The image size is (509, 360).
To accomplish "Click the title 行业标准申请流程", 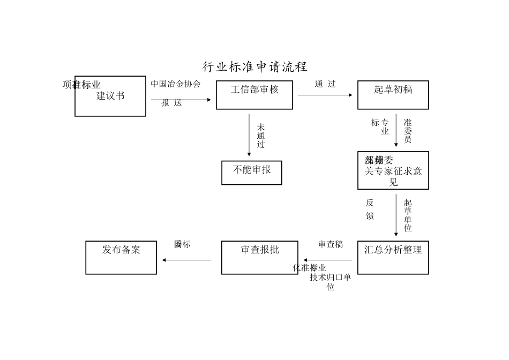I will click(x=254, y=67).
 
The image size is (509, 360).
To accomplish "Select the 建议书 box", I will click(x=110, y=96).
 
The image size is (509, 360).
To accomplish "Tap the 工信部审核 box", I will click(x=254, y=95).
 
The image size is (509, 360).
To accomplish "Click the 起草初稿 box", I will click(x=393, y=95).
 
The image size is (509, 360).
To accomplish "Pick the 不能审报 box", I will click(x=252, y=172).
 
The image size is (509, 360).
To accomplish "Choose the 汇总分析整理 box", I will click(x=393, y=258).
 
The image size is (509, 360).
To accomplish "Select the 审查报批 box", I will click(x=260, y=258).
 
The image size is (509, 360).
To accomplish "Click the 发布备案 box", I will click(x=121, y=258).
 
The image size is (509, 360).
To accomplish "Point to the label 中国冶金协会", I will click(x=175, y=84).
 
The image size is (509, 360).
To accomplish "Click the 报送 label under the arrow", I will click(x=172, y=103).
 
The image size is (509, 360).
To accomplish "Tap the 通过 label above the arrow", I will click(x=325, y=84).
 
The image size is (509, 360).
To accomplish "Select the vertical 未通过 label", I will click(x=261, y=136).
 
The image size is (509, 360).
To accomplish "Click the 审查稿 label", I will click(x=331, y=245).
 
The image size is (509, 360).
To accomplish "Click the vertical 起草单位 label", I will click(x=408, y=216).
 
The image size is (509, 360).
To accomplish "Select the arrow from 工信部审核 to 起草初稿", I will click(x=325, y=95).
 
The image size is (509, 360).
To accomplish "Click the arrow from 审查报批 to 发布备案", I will click(x=186, y=260).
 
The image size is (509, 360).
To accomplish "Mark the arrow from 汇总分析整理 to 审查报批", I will click(x=328, y=260).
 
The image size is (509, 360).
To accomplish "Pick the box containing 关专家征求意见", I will click(x=393, y=170).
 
